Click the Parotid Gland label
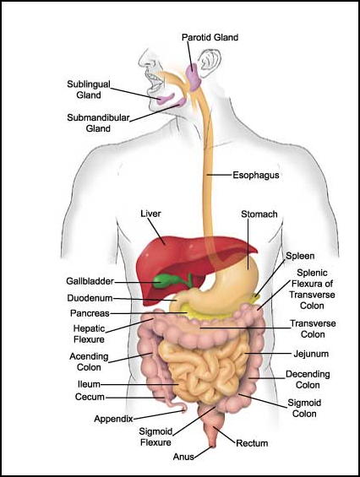pos(210,37)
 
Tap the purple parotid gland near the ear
pos(193,76)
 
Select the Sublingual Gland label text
pos(89,89)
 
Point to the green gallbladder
pos(165,280)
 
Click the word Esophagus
pos(256,176)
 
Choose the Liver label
pos(150,214)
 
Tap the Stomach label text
pos(259,214)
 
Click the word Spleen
pos(300,256)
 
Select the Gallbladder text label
pos(90,281)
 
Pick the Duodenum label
pos(90,298)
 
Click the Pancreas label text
pos(90,313)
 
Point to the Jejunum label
pos(311,354)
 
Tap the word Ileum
pos(89,384)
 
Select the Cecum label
pos(90,397)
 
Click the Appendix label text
pos(113,420)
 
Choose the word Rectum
pos(252,443)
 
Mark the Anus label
pos(183,457)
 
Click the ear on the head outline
pos(209,62)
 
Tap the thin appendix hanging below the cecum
pos(176,405)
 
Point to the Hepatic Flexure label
pos(89,334)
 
